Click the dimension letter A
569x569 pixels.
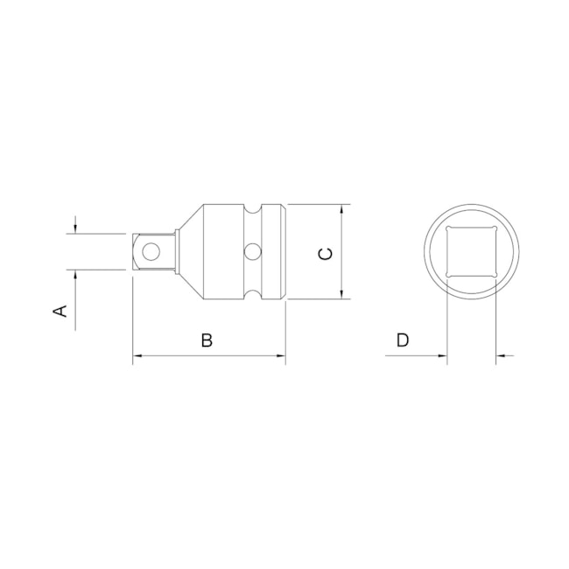pos(61,311)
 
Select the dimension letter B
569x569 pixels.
pos(207,341)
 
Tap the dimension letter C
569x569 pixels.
pos(324,254)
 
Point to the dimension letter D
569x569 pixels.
pos(402,341)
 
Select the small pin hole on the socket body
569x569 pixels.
pos(252,253)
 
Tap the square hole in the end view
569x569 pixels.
pos(472,252)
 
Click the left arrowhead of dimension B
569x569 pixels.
pos(137,356)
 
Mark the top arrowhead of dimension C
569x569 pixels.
pos(342,210)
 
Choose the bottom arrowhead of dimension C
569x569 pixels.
pos(342,294)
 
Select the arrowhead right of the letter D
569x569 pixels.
pos(442,356)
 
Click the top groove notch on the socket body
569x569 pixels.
pos(252,210)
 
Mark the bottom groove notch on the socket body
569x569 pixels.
pos(252,295)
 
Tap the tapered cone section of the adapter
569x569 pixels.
pos(191,252)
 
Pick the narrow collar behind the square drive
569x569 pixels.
pos(178,252)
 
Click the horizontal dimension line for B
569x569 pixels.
pos(210,356)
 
